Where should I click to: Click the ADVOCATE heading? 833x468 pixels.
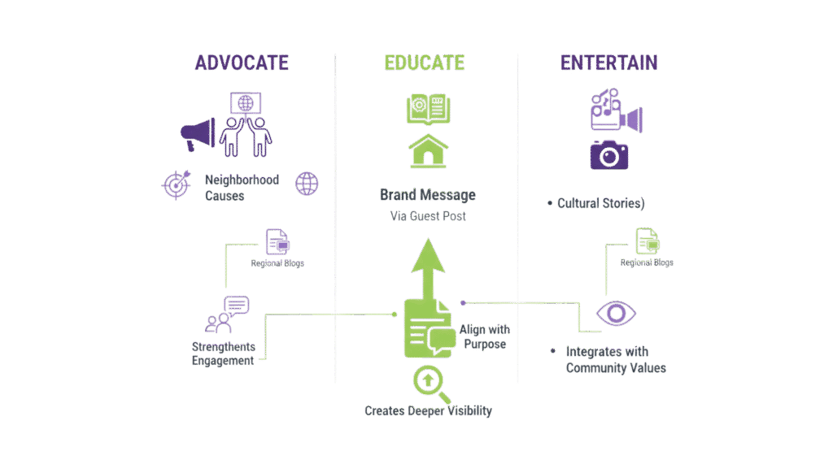242,63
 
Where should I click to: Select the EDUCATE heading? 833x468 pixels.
425,63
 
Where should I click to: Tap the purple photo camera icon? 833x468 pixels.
608,154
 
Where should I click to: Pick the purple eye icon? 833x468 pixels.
616,314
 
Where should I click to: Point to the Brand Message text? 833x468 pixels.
427,196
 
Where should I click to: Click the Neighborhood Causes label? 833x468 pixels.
230,188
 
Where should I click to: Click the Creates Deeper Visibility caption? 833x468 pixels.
428,411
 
